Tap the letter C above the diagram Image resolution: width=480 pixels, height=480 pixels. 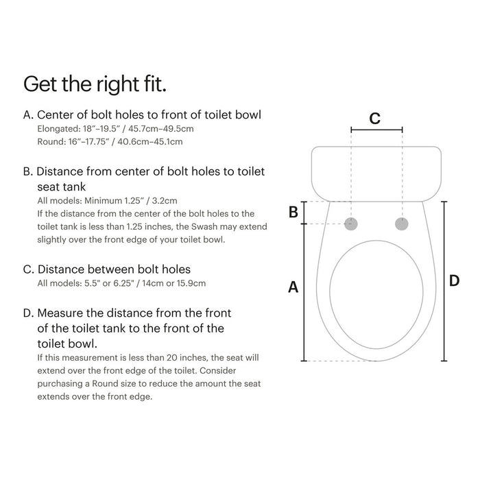(374, 118)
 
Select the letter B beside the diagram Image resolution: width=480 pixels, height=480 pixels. (293, 213)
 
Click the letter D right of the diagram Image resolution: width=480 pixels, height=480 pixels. (453, 281)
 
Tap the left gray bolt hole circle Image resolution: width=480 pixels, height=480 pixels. (352, 224)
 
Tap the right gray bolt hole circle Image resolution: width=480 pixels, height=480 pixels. (403, 224)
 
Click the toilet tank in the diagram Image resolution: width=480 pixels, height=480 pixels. (376, 171)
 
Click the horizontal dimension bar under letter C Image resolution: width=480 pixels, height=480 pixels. (376, 129)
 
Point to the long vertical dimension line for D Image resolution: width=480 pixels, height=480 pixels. (444, 281)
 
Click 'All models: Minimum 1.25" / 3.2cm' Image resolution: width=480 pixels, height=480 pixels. (107, 200)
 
